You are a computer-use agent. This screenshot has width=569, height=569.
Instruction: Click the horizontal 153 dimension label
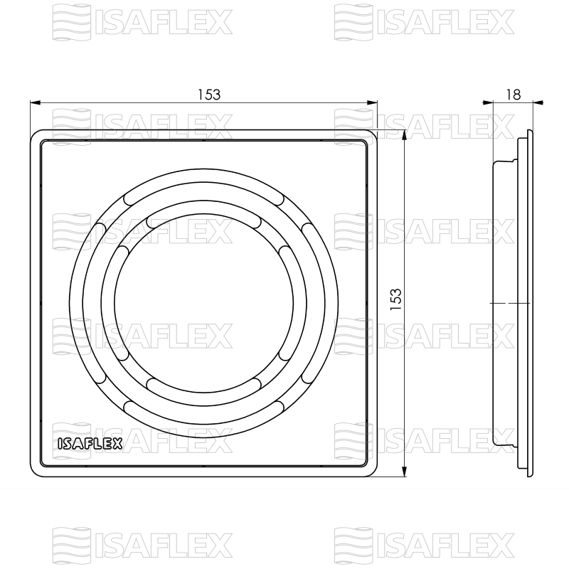(209, 95)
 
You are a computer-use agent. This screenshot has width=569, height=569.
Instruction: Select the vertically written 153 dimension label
(396, 299)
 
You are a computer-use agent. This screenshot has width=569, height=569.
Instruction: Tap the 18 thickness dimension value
(513, 95)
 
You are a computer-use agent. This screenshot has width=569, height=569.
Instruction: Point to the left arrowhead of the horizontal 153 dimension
(35, 102)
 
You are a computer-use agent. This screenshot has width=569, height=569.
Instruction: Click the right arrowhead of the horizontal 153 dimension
(373, 102)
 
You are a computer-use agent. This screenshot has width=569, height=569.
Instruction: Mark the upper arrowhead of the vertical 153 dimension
(405, 134)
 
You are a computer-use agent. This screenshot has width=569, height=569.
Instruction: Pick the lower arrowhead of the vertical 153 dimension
(405, 472)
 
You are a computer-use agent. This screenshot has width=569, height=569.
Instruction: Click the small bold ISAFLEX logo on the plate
(90, 444)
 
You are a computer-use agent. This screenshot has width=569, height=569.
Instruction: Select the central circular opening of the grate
(203, 303)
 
